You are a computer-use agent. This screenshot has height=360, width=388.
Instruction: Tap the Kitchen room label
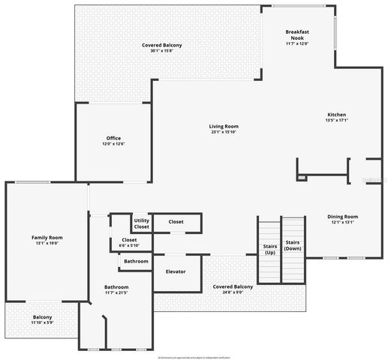[336, 115]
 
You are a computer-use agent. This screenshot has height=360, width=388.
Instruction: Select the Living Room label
[224, 126]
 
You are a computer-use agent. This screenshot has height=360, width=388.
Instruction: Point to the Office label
[113, 138]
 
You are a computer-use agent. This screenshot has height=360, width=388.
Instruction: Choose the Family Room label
[47, 238]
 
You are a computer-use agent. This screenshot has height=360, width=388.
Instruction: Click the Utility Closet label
[141, 223]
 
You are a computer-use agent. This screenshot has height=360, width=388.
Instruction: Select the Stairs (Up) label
[269, 249]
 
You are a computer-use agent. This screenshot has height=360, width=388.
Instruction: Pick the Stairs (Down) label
[293, 244]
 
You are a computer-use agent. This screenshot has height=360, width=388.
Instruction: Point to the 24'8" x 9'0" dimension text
[233, 292]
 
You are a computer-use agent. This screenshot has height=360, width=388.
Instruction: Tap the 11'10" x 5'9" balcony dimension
[42, 322]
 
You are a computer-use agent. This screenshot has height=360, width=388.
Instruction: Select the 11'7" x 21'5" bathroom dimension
[116, 292]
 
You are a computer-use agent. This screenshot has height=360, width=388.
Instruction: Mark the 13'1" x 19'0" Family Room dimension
[47, 244]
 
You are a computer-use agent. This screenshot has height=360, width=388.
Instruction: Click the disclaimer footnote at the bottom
[194, 357]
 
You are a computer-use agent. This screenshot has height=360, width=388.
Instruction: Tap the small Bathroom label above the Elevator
[136, 261]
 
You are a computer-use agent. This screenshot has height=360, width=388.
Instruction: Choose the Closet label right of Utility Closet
[176, 222]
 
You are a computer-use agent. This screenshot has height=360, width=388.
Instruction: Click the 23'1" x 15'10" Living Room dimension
[224, 132]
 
